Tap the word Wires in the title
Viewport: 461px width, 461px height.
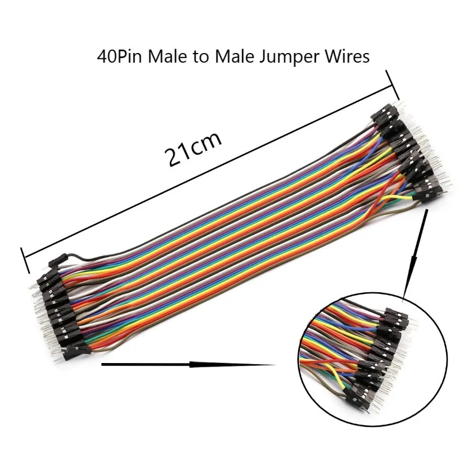[x=345, y=58]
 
